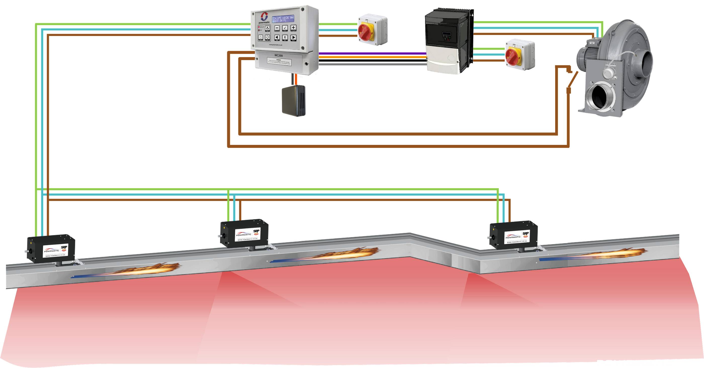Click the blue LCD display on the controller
pos(283,19)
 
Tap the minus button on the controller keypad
pos(277,28)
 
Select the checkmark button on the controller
pos(285,28)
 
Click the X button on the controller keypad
pos(285,37)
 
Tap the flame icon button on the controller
pos(267,28)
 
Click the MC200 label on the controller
pos(279,56)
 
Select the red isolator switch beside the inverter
pos(512,55)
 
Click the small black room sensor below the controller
pos(293,100)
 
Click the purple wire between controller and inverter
pos(372,53)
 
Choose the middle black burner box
pos(244,233)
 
